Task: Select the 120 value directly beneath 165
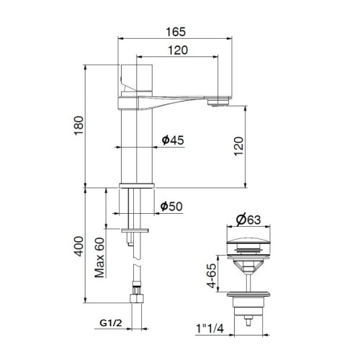180,50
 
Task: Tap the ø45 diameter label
171,140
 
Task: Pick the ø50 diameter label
171,207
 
